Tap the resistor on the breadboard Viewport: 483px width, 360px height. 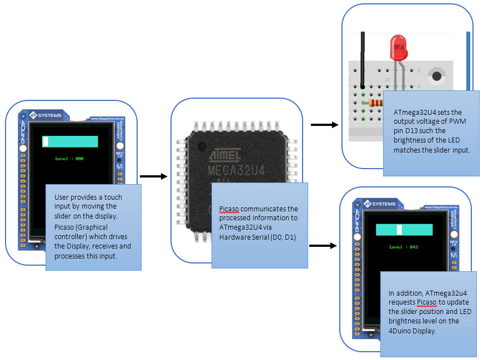click(377, 103)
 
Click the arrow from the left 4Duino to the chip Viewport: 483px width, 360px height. click(153, 176)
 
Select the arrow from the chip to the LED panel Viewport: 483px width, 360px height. click(324, 125)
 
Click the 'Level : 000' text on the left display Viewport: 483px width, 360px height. click(69, 159)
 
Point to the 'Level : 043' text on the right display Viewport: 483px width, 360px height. click(403, 247)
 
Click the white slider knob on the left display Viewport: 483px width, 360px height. click(46, 142)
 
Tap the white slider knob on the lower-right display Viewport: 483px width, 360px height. click(399, 230)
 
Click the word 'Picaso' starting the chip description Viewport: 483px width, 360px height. click(230, 209)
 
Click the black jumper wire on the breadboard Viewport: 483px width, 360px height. click(363, 58)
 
